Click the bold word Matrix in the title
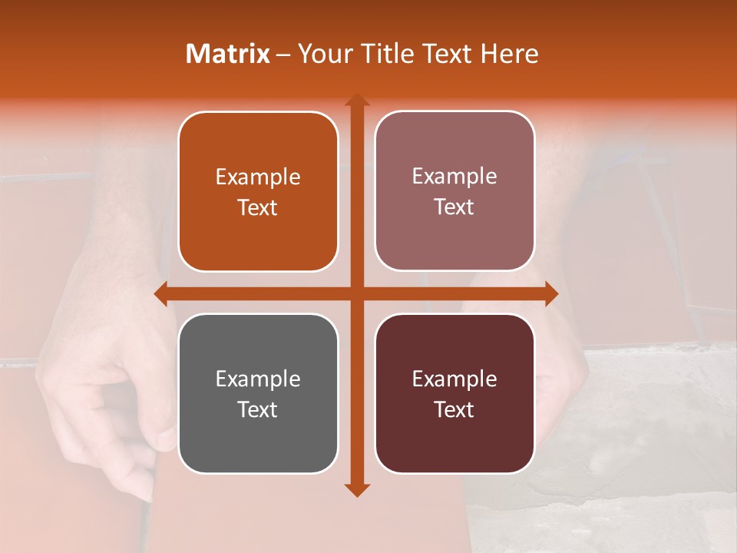[x=228, y=54]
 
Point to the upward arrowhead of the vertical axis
[x=356, y=100]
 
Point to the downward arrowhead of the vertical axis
[x=356, y=490]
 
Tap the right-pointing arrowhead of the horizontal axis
[x=551, y=293]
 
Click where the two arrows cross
[x=356, y=293]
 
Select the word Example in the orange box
[x=258, y=177]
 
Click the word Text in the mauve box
[x=454, y=207]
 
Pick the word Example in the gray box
[x=258, y=379]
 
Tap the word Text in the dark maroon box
[x=454, y=409]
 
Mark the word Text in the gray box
[x=258, y=409]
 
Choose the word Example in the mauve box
[x=454, y=177]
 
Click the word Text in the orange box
[x=258, y=208]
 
